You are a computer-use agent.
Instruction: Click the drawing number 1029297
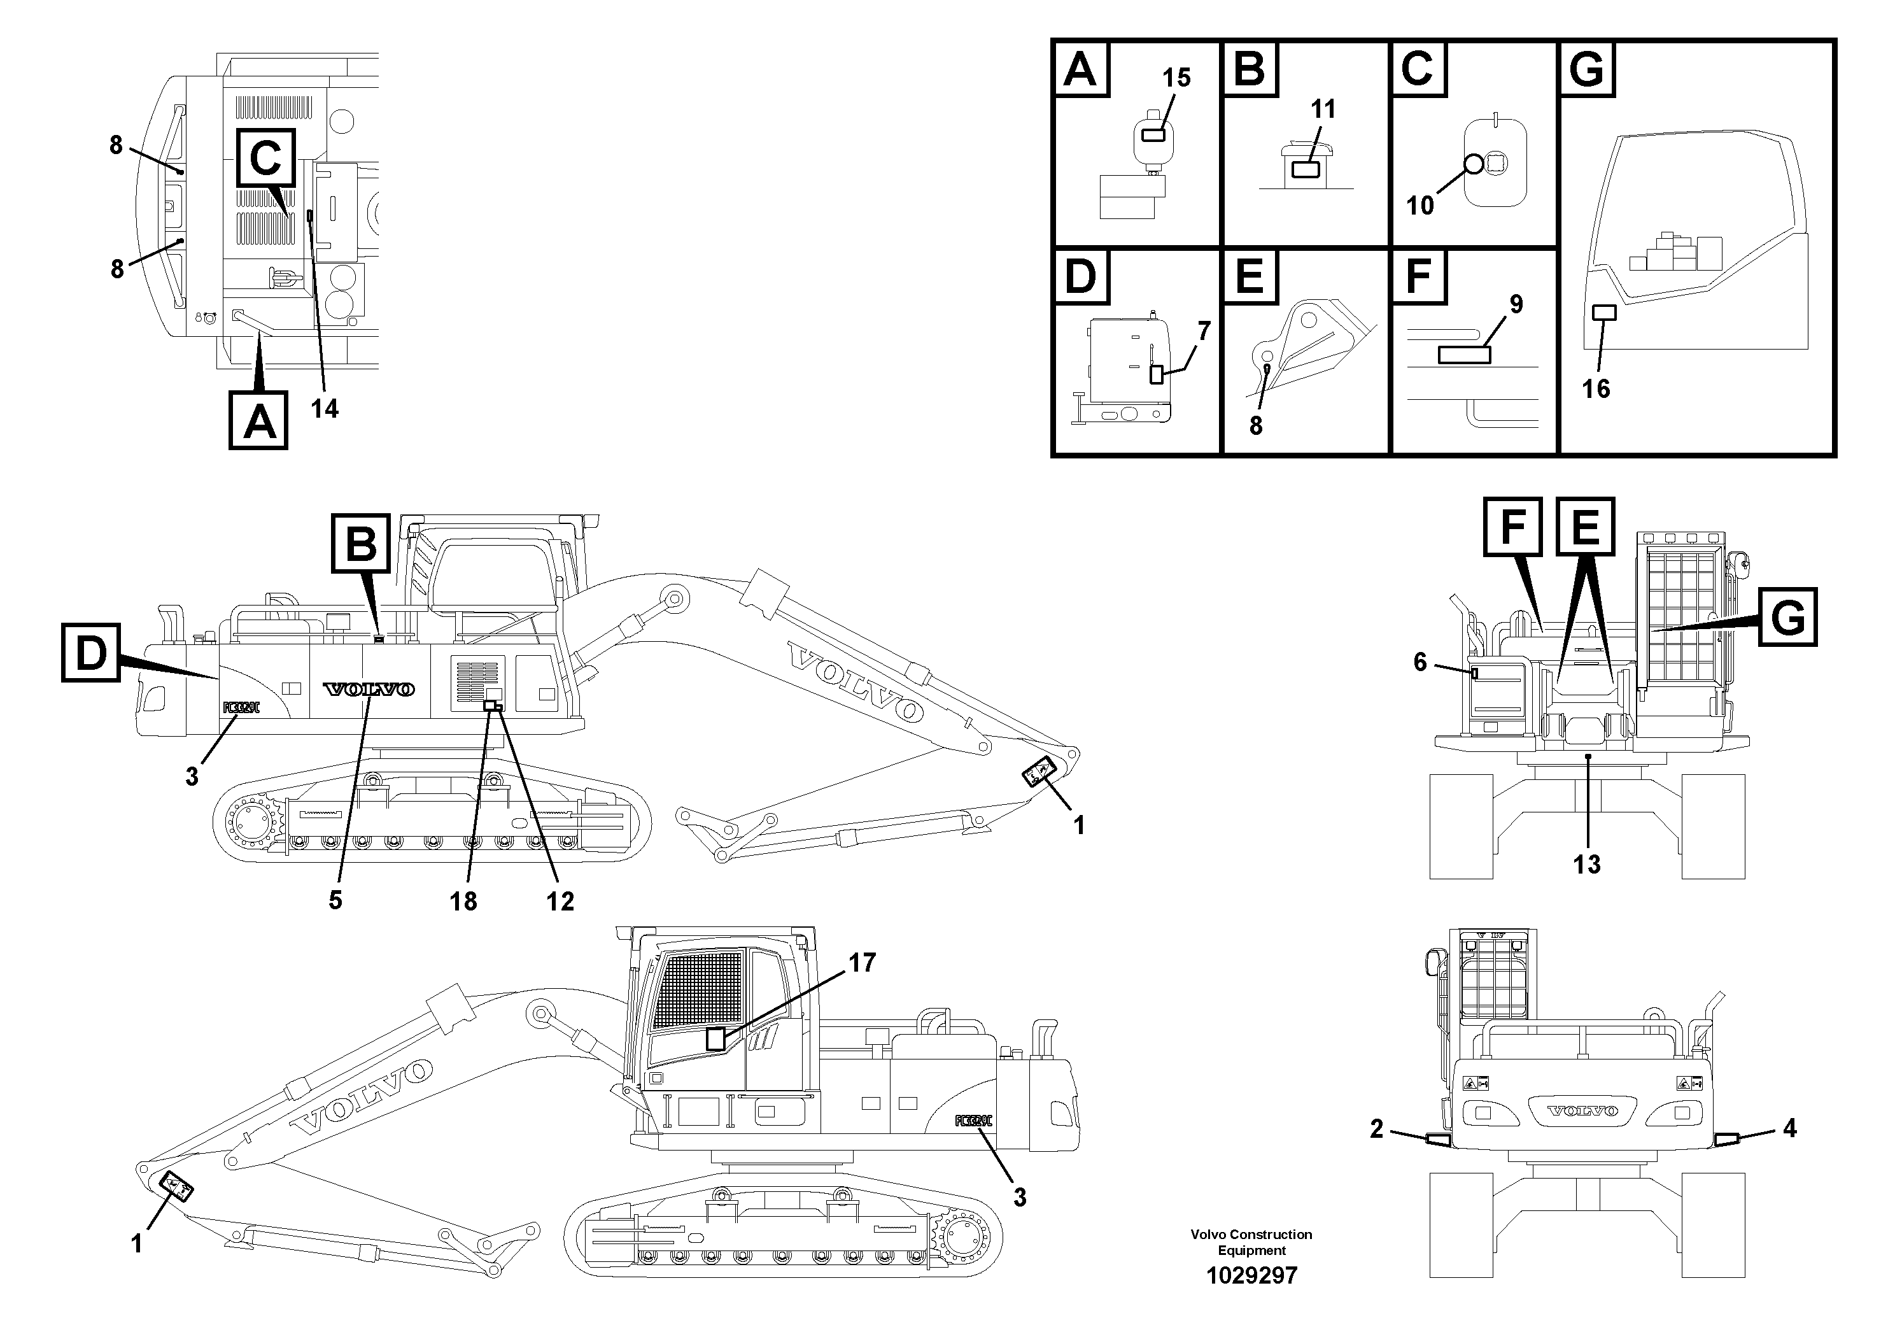1251,1275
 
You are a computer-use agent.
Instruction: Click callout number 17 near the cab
862,963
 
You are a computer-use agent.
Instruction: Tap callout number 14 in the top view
325,407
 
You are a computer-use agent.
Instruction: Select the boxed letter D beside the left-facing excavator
91,654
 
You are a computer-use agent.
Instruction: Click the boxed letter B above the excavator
361,543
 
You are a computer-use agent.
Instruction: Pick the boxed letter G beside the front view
1787,618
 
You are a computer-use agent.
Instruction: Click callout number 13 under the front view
1586,864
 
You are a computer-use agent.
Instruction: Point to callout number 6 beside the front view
1419,662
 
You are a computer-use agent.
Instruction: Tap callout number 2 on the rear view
1376,1128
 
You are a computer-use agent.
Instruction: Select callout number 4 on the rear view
1789,1128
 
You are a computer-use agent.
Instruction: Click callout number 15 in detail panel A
1176,78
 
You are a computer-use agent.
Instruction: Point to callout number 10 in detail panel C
1419,205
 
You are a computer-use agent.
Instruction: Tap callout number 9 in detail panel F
1516,304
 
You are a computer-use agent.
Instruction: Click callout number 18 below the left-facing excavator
463,902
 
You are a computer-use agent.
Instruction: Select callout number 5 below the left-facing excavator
335,900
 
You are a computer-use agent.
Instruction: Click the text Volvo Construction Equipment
1251,1242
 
